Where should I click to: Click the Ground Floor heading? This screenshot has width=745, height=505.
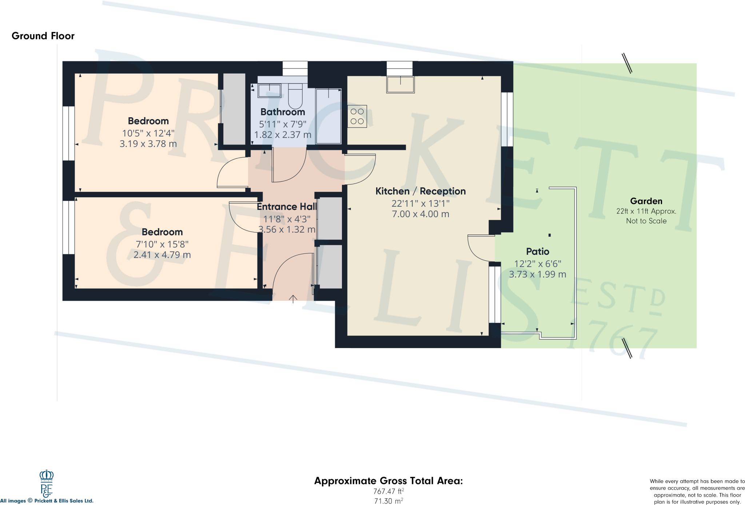pyautogui.click(x=43, y=36)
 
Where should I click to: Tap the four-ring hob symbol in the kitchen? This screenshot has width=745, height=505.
pyautogui.click(x=357, y=117)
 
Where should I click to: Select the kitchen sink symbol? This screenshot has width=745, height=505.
pyautogui.click(x=400, y=84)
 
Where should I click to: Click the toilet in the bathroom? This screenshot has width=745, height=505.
pyautogui.click(x=295, y=95)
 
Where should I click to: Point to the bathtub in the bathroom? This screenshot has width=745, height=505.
pyautogui.click(x=328, y=117)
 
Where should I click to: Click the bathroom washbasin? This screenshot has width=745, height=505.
pyautogui.click(x=270, y=90)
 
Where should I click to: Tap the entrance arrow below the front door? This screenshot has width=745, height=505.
pyautogui.click(x=293, y=299)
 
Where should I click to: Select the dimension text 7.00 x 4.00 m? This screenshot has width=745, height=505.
pyautogui.click(x=420, y=214)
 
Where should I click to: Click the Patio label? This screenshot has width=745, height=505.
pyautogui.click(x=537, y=252)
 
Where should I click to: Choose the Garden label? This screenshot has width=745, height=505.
pyautogui.click(x=646, y=201)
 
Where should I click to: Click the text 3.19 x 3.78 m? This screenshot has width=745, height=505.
pyautogui.click(x=148, y=144)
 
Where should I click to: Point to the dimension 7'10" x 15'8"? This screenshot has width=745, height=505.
pyautogui.click(x=162, y=244)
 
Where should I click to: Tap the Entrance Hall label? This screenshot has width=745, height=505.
pyautogui.click(x=287, y=207)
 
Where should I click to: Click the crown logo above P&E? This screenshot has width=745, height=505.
pyautogui.click(x=47, y=475)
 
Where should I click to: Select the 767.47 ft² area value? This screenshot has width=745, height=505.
pyautogui.click(x=388, y=491)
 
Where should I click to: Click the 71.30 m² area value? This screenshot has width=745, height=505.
pyautogui.click(x=388, y=501)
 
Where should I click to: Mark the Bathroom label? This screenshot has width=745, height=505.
pyautogui.click(x=283, y=112)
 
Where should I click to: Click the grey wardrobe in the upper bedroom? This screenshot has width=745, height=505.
pyautogui.click(x=234, y=109)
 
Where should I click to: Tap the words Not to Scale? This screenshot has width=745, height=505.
pyautogui.click(x=646, y=221)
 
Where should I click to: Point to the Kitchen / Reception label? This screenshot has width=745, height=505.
pyautogui.click(x=420, y=191)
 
